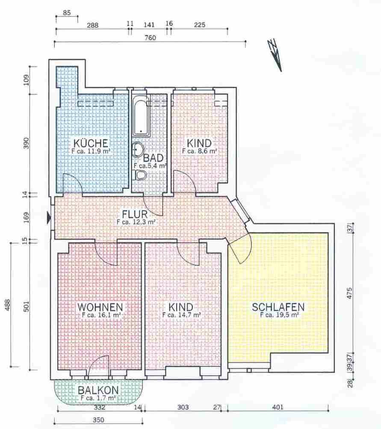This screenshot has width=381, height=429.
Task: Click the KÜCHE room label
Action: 91,143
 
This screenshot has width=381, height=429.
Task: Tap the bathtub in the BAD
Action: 141,116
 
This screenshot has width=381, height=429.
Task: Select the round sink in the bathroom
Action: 139,150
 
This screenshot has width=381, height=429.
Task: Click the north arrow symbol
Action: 275,55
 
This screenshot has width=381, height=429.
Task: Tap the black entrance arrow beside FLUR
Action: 49,217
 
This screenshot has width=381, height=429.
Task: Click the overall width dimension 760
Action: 151,38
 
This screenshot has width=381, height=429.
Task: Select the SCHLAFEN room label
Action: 278,307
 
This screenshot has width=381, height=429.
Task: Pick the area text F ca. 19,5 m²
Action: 279,315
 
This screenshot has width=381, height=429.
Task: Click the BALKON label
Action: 98,390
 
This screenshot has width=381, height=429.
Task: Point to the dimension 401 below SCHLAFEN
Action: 278,407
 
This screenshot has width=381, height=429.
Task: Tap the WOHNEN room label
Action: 100,307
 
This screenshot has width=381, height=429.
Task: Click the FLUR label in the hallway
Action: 135,214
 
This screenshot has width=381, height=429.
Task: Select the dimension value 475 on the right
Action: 349,293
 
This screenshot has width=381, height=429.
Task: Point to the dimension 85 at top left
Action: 67,12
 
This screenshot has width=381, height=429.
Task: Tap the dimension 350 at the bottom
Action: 98,420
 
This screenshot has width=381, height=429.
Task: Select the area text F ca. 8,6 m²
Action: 200,151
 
